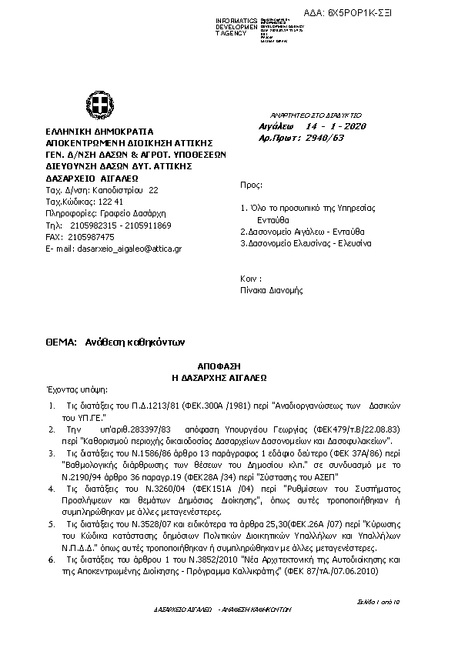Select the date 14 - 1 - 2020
pyautogui.click(x=336, y=125)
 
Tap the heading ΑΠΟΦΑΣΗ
pyautogui.click(x=229, y=368)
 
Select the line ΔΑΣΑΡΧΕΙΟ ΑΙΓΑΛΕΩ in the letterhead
pyautogui.click(x=92, y=177)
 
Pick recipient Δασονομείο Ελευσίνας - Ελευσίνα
pyautogui.click(x=306, y=243)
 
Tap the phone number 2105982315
pyautogui.click(x=92, y=225)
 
